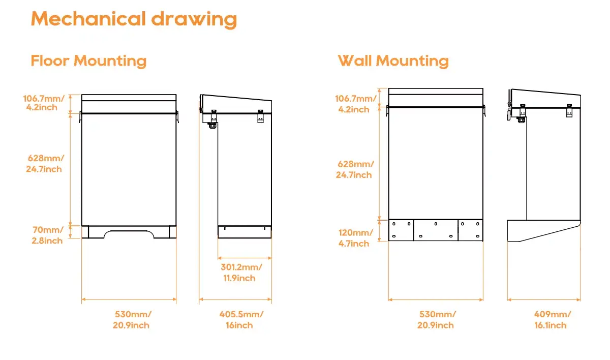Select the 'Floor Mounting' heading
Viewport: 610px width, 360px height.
[x=88, y=61]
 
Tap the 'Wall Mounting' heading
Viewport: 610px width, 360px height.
[x=393, y=61]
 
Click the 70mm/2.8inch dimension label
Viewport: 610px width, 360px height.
[x=47, y=235]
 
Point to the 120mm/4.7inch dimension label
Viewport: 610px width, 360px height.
[x=355, y=238]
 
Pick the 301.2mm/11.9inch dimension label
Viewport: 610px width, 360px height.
[x=241, y=273]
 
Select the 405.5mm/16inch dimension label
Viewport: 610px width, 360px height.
[x=241, y=320]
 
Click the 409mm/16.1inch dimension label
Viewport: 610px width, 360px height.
[x=552, y=320]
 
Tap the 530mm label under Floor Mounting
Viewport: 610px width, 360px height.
[x=132, y=320]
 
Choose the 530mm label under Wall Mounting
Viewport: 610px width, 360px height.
[x=437, y=320]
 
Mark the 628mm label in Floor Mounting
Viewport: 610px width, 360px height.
[x=45, y=163]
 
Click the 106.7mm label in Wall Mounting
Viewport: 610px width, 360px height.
[x=355, y=104]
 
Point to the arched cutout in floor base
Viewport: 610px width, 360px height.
[x=129, y=231]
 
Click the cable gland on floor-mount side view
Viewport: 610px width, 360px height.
[x=212, y=125]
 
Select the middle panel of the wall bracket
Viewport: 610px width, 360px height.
[x=436, y=230]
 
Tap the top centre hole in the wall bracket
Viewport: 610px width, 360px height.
[x=436, y=224]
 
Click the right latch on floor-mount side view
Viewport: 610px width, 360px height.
[x=261, y=116]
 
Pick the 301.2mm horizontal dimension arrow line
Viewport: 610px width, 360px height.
[x=245, y=258]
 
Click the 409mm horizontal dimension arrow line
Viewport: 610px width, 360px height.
[x=544, y=299]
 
